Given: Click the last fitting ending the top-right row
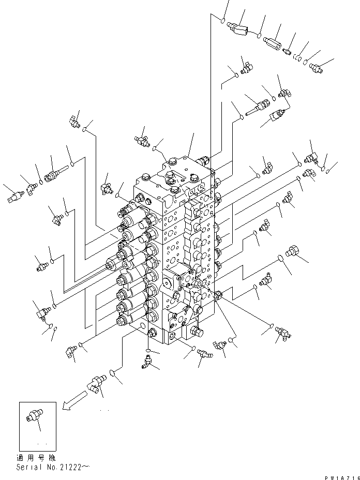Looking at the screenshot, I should coord(316,66).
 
